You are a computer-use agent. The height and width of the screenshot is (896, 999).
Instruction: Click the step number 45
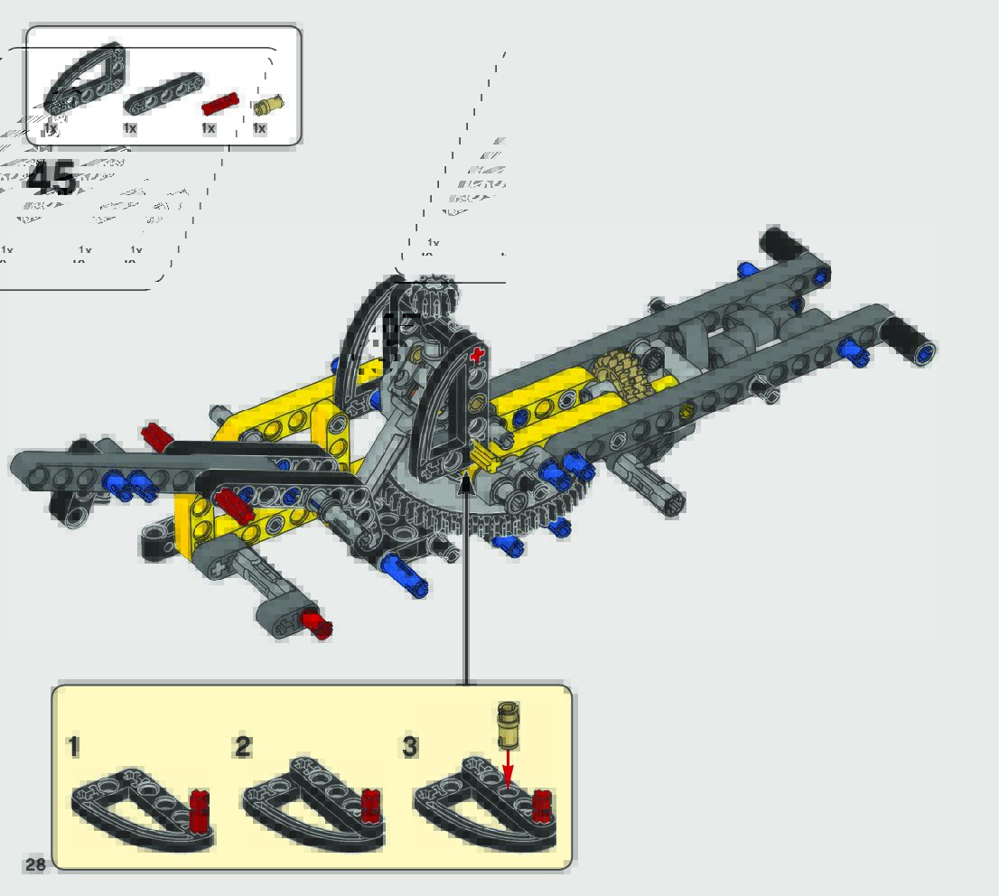[x=52, y=179]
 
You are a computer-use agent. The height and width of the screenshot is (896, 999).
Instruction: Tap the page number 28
[x=34, y=864]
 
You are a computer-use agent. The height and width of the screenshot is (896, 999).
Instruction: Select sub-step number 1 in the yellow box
[x=74, y=747]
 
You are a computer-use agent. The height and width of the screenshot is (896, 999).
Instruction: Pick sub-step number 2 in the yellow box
[x=242, y=747]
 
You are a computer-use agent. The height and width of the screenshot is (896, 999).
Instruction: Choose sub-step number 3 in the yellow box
[x=410, y=747]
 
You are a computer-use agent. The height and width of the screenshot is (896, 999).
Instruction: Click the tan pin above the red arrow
[x=509, y=724]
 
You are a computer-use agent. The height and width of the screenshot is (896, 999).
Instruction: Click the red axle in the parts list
[x=218, y=103]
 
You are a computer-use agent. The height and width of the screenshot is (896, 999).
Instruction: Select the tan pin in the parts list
[x=268, y=105]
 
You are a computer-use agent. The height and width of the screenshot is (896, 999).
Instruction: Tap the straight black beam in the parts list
[x=163, y=93]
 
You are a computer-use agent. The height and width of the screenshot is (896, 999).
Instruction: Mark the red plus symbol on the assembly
[x=477, y=356]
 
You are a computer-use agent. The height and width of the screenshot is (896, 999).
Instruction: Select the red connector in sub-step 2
[x=369, y=806]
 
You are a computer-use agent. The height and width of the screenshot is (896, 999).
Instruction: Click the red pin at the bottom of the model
[x=316, y=623]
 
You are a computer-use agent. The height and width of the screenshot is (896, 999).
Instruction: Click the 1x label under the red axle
[x=209, y=128]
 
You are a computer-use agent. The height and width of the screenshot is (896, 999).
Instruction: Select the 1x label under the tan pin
[x=260, y=128]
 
